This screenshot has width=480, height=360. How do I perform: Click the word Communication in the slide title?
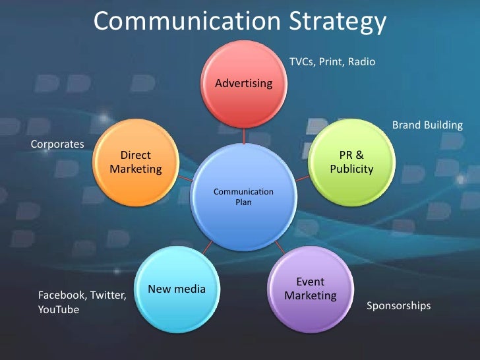[187, 22]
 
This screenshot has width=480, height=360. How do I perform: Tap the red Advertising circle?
[243, 83]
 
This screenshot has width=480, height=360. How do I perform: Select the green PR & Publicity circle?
[351, 162]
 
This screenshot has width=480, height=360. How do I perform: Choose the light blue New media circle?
[177, 289]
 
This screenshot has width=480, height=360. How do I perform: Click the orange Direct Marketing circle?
[135, 162]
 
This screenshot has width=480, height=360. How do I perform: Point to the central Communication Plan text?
[243, 196]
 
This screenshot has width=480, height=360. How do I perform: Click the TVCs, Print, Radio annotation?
[332, 62]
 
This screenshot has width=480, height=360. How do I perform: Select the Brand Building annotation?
[427, 125]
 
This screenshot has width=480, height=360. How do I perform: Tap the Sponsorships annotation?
[398, 306]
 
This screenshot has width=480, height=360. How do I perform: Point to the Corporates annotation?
[58, 143]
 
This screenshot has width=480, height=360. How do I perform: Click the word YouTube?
[59, 310]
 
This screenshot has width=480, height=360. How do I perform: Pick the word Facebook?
[62, 295]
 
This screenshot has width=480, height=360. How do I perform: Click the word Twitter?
[107, 295]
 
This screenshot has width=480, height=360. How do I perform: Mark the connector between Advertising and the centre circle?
[243, 136]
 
